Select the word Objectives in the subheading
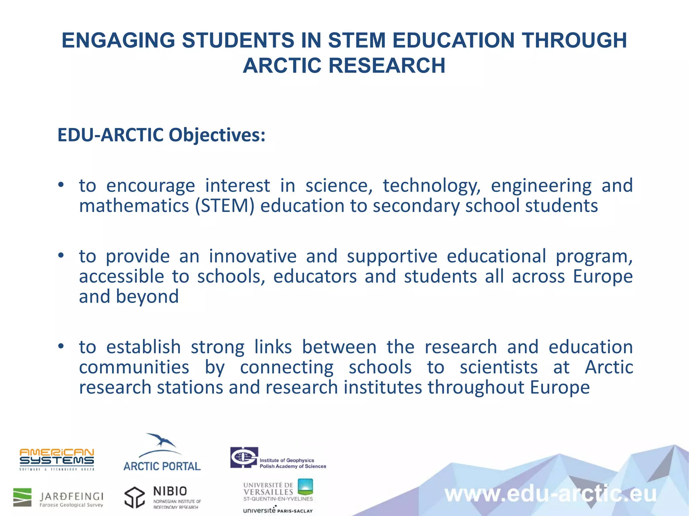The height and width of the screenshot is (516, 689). click(217, 135)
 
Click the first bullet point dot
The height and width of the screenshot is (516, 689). click(61, 185)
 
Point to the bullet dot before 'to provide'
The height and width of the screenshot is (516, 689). click(61, 256)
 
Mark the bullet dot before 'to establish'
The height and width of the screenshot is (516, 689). click(61, 346)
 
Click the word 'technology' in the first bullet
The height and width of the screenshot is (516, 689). click(432, 186)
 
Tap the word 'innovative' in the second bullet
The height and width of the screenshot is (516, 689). click(253, 257)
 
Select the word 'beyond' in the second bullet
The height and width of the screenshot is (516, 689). click(147, 297)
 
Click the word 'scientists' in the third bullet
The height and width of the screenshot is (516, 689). click(499, 368)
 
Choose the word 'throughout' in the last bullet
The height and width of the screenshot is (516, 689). click(476, 388)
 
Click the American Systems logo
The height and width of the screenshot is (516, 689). click(57, 459)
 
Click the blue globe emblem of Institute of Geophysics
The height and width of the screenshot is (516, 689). click(244, 457)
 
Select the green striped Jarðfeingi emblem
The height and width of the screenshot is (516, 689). click(22, 497)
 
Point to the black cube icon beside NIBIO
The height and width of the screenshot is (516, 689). click(135, 498)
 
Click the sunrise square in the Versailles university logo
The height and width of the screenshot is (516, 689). click(305, 487)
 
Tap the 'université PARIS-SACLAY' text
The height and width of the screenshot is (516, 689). click(278, 510)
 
